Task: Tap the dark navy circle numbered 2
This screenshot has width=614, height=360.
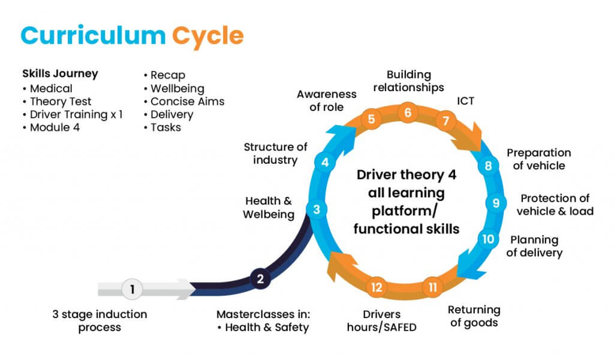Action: pos(260,278)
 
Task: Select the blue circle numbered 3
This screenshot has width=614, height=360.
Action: pos(317,209)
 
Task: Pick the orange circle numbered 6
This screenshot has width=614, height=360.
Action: pos(408,112)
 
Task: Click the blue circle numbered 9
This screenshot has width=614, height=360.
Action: pos(496,203)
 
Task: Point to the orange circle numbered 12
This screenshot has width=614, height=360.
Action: pos(377,287)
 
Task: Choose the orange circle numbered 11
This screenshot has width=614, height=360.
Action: pos(432,287)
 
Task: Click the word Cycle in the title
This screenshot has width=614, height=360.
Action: pos(208,36)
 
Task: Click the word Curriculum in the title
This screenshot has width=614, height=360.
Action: pos(93,36)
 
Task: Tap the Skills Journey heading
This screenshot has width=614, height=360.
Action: pos(60,74)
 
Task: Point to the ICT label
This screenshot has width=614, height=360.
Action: pos(465,101)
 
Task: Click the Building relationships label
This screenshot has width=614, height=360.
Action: pos(408,81)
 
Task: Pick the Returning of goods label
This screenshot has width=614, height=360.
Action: pos(474,316)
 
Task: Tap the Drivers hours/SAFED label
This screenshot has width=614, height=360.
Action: pos(381,320)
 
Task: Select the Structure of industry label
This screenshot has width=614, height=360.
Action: pos(275,154)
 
